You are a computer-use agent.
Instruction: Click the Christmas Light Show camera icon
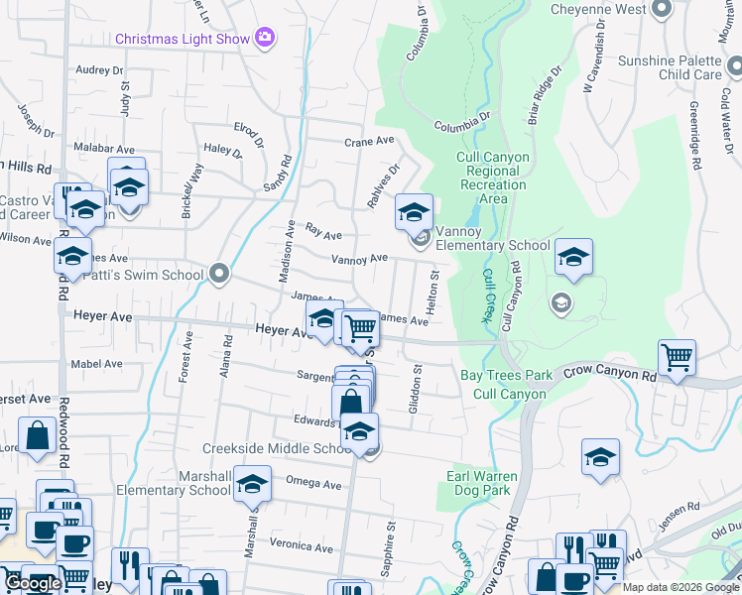[264, 38]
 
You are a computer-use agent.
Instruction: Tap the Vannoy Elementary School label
[492, 245]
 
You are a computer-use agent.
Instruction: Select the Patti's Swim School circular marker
[219, 273]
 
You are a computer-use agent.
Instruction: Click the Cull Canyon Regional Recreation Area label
[492, 178]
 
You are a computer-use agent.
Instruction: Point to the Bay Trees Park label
[506, 376]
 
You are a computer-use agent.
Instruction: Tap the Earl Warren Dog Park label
[485, 482]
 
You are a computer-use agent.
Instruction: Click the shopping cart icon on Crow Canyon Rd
[677, 356]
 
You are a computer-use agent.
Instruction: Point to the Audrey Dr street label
[99, 70]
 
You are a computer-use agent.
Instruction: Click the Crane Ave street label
[369, 142]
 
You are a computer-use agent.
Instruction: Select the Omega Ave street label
[312, 485]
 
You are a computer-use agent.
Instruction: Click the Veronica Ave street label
[302, 546]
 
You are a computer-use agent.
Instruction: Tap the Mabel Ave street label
[98, 364]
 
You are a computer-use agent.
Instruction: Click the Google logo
[33, 583]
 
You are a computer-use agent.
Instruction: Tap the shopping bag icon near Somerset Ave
[37, 435]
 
